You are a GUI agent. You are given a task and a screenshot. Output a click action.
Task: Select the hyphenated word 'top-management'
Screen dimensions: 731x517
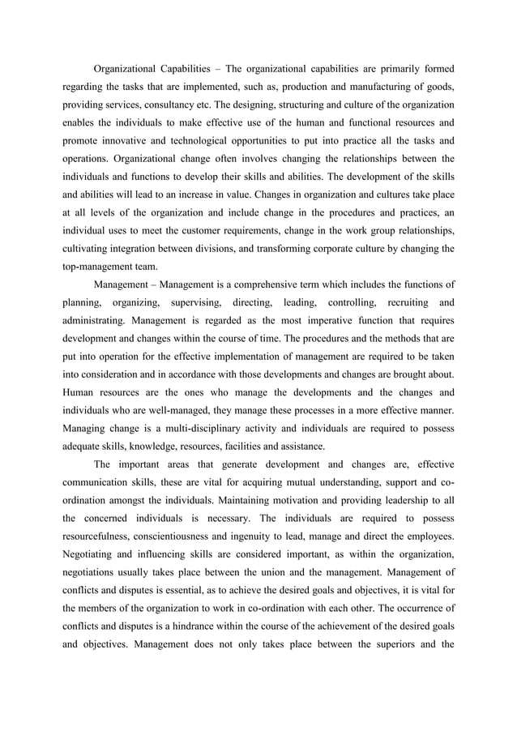pos(104,267)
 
